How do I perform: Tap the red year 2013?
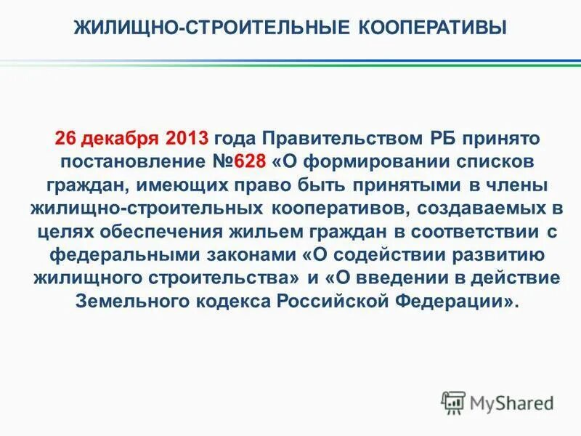(x=187, y=138)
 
